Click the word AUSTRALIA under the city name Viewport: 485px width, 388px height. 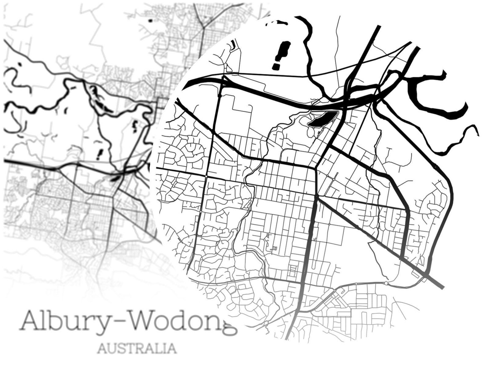(137, 348)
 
